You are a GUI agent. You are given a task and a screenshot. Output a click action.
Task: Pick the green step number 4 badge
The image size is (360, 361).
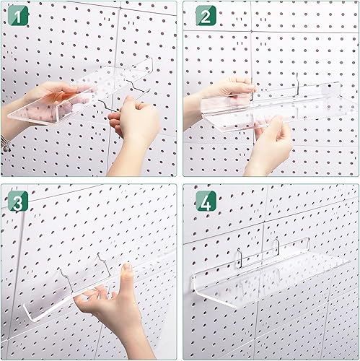[205, 201]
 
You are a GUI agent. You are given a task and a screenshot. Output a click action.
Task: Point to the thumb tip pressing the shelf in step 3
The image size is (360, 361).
[127, 269]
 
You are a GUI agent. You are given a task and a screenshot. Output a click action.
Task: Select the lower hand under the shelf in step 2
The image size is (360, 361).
[271, 144]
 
